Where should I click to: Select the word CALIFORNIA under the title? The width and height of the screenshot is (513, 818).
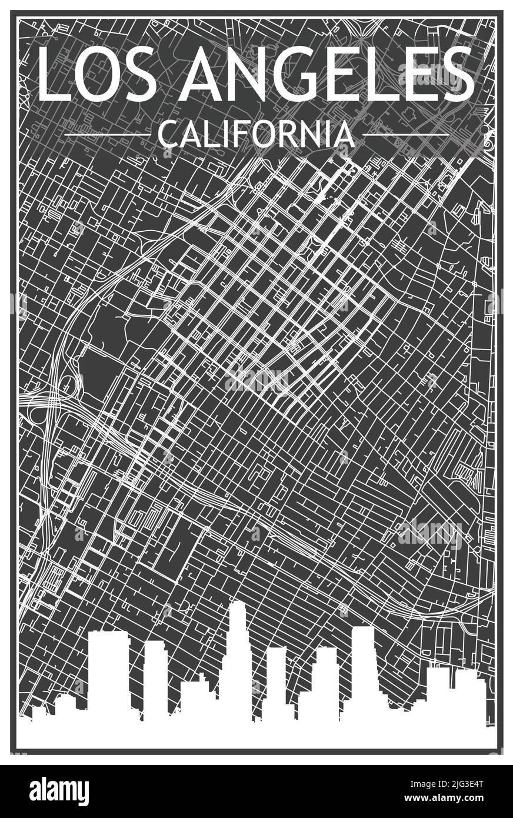256,135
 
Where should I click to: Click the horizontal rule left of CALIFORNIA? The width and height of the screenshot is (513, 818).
106,135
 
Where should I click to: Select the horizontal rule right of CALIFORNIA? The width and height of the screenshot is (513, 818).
406,135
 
